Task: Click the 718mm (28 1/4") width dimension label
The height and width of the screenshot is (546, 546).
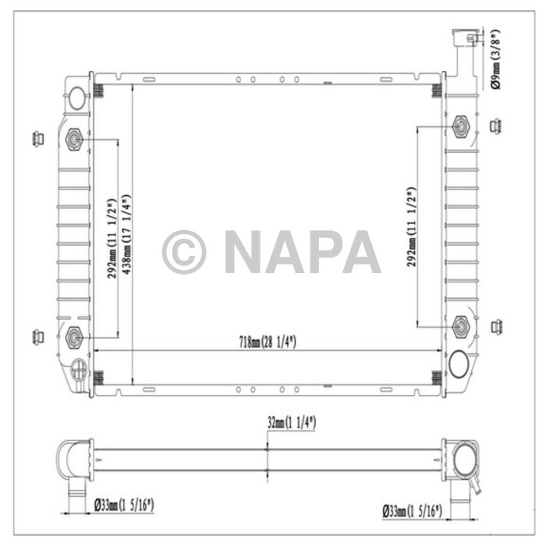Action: [x=267, y=342]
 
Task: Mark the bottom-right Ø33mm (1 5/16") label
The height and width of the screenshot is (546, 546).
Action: [x=413, y=511]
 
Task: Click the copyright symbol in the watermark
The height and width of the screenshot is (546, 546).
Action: [x=184, y=251]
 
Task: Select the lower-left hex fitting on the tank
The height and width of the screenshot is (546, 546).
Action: [x=75, y=337]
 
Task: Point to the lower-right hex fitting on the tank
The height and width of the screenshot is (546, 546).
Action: [x=460, y=326]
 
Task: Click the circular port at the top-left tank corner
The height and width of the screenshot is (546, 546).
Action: [x=78, y=97]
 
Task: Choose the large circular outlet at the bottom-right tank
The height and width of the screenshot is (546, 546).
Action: [x=459, y=363]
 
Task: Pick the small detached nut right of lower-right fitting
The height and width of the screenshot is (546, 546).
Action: [x=495, y=325]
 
